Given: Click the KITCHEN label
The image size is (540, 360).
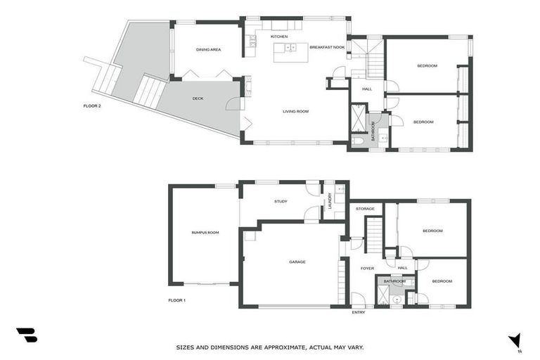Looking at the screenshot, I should pos(280,36).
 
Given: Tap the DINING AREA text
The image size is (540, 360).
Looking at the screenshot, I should pos(208,49).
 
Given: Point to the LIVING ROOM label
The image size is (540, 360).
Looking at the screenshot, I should pos(296,111).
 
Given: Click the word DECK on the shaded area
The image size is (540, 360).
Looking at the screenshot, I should pos(198,98).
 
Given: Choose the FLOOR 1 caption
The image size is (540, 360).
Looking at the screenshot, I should pos(176,300).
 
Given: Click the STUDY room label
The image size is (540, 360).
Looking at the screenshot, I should pos(281,202).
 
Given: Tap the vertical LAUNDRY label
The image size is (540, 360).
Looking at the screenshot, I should pos(328,201).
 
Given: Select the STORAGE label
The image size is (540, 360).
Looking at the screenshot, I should pos(364,209).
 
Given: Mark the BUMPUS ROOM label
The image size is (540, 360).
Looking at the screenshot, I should pos(205,232).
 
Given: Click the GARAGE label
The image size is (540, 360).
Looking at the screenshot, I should pos(297,262).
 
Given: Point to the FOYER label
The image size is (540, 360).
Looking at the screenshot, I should pos(366,268).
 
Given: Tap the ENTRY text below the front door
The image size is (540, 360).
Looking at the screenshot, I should pos(359,312).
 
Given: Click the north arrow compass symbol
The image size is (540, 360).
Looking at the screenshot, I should pos(516,340).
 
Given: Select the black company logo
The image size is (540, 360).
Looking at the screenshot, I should pos(26,335).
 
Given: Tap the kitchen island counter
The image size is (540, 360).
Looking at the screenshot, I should pos(287,48).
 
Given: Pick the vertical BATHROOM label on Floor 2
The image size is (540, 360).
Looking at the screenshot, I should pos(373,131).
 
